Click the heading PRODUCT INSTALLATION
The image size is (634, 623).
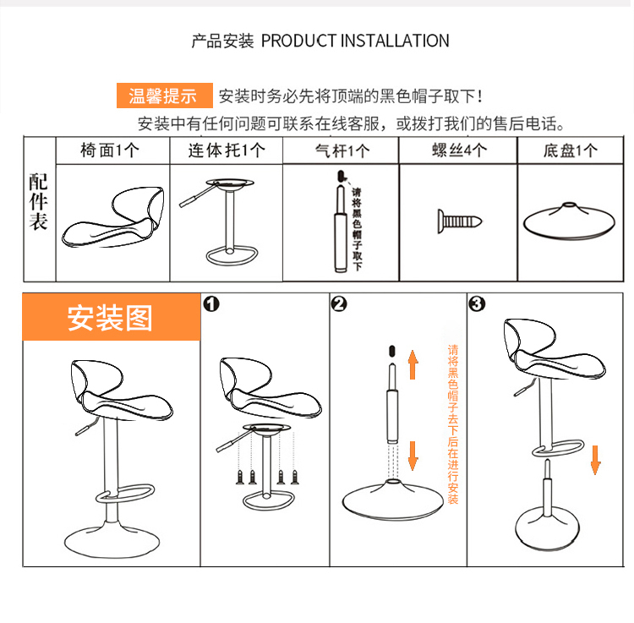(x=355, y=41)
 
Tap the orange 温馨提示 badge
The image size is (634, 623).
(x=163, y=96)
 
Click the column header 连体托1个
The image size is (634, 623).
(x=227, y=150)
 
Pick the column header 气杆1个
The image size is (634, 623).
(x=342, y=151)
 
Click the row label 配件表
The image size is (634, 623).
(x=39, y=203)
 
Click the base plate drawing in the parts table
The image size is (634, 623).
(x=570, y=221)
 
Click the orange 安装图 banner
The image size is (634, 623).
(x=111, y=318)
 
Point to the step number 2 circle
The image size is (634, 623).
(x=339, y=304)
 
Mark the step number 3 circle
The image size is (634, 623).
(x=478, y=304)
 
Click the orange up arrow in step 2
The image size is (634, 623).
(x=413, y=364)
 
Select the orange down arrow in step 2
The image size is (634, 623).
(x=413, y=456)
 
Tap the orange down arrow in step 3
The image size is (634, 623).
(x=595, y=461)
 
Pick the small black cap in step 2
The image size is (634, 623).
(x=391, y=349)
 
